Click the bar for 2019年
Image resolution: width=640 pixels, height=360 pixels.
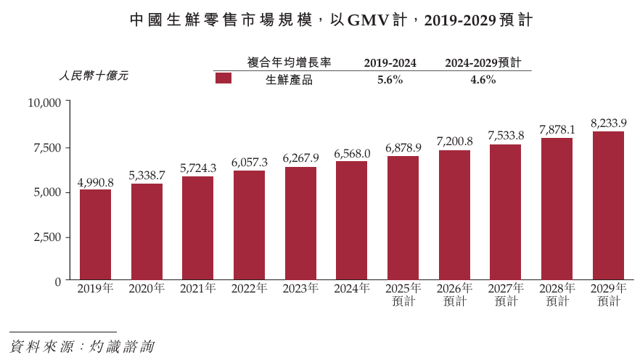tap(95, 234)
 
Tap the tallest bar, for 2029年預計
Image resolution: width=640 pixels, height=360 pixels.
tap(608, 205)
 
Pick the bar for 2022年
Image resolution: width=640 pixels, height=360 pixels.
tap(249, 225)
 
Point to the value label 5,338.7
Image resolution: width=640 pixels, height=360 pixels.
tap(147, 176)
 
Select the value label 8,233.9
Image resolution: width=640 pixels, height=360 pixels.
tap(608, 123)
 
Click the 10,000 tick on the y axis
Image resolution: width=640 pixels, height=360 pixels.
tap(44, 103)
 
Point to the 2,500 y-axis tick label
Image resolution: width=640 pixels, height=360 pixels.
tap(47, 237)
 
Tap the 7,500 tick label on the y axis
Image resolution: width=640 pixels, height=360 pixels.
tap(47, 148)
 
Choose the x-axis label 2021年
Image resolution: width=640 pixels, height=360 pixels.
tap(198, 289)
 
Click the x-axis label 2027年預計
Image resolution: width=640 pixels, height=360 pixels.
tap(506, 295)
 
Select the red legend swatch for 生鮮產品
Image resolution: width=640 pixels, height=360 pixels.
tap(223, 78)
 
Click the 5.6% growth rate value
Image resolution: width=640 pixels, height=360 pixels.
tap(390, 80)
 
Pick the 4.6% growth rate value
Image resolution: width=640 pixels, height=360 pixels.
tap(483, 80)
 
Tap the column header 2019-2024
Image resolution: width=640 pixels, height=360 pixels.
tap(390, 63)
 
